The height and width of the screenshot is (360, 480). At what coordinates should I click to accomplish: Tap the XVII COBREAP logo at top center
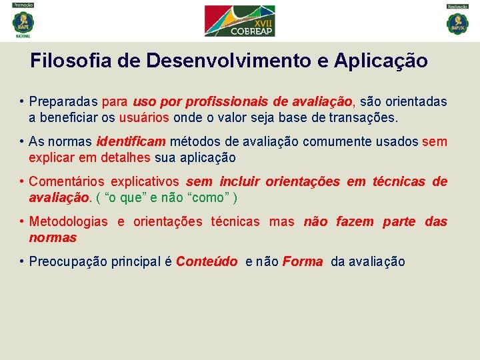[239, 21]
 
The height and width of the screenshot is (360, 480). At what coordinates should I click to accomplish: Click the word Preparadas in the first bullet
[64, 102]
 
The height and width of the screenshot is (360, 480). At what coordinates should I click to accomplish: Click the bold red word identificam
[131, 142]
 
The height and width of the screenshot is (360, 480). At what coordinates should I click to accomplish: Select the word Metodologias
[68, 222]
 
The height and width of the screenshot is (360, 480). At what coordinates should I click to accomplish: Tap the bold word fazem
[355, 222]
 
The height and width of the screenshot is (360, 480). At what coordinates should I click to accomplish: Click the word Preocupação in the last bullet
[68, 262]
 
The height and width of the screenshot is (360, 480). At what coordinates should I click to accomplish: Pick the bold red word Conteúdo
[207, 262]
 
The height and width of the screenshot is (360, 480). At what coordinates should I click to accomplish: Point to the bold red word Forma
[303, 262]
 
